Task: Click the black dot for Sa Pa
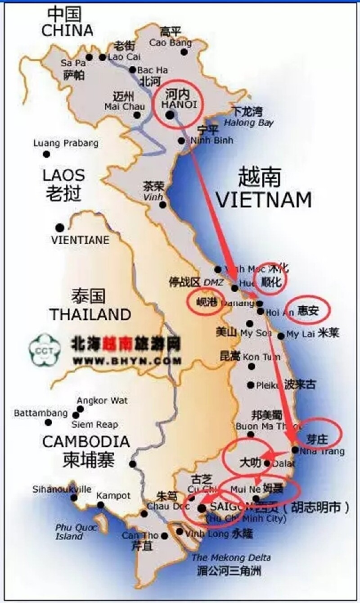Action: coord(89,57)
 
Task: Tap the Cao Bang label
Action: coord(170,43)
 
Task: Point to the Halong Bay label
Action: coord(249,122)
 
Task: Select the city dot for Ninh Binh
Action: coord(181,141)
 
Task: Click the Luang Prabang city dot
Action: coord(46,154)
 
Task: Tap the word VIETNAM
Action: coord(264,199)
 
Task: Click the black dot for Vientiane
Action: coord(59,227)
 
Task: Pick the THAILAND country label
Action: coord(90,314)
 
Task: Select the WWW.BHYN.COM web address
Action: coord(127,361)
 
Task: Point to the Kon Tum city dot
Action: coord(251,366)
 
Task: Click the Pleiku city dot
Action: coord(251,385)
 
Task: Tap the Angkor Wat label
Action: coord(102,400)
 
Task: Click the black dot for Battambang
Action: coord(48,422)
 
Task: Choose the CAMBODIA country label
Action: coord(85,442)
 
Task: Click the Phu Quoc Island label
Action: coord(69,531)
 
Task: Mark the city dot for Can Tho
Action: coord(165,536)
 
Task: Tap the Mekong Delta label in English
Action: coord(231,558)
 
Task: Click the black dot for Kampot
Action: coord(100,505)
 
